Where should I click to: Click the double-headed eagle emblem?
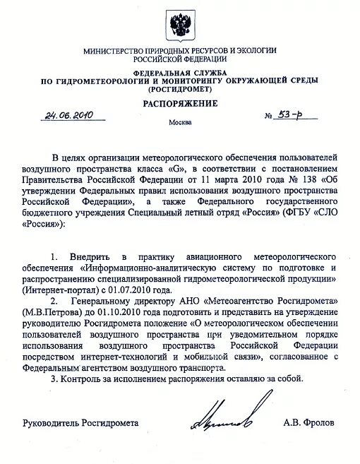pyautogui.click(x=179, y=25)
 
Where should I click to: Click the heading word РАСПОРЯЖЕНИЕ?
pyautogui.click(x=180, y=104)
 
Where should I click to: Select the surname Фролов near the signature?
pyautogui.click(x=323, y=423)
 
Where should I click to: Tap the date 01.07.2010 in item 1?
pyautogui.click(x=147, y=290)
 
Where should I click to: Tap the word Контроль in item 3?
pyautogui.click(x=83, y=379)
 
